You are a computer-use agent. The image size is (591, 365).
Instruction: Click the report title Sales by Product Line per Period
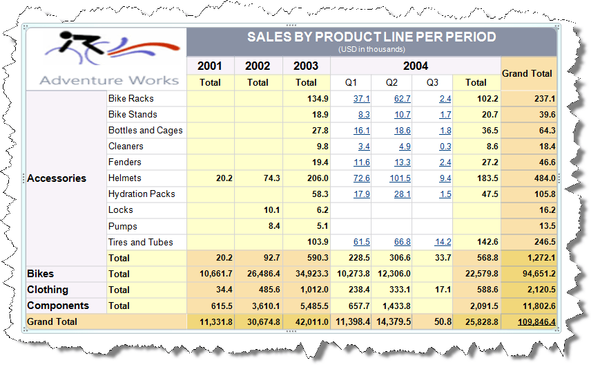click(x=371, y=37)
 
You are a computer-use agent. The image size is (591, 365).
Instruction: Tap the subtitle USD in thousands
click(x=371, y=49)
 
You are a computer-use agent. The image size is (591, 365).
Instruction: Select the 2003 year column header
click(x=306, y=66)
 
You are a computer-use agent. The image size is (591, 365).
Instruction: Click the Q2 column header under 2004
click(x=391, y=82)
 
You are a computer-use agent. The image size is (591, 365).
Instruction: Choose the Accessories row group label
click(x=57, y=178)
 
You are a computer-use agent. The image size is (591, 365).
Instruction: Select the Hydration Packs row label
click(x=142, y=194)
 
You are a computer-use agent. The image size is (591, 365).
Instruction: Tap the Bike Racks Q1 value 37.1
click(x=361, y=99)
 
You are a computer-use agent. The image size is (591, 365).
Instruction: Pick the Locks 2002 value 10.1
click(x=269, y=210)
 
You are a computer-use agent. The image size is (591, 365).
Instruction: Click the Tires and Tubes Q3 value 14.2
click(x=443, y=242)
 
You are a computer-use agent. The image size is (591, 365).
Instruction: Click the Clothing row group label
click(x=48, y=290)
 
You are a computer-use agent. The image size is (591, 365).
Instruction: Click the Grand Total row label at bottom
click(x=52, y=322)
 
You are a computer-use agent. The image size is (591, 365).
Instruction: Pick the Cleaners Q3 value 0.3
click(x=445, y=147)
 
